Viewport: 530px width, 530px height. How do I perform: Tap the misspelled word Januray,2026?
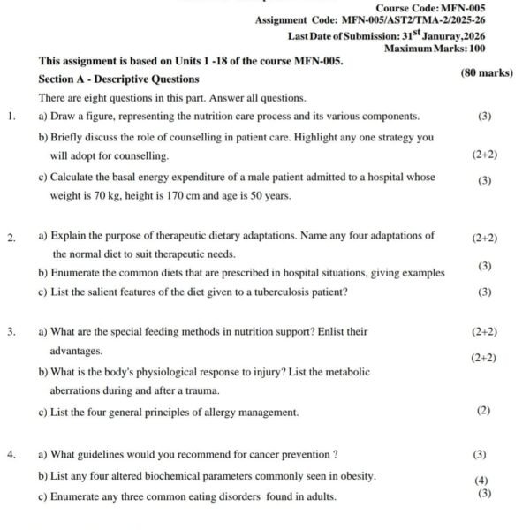click(x=450, y=36)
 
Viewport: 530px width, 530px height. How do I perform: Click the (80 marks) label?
click(x=487, y=73)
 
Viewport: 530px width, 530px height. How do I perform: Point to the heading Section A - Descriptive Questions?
click(x=118, y=79)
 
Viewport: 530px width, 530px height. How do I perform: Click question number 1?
click(x=10, y=116)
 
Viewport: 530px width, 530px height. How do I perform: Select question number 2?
click(x=10, y=237)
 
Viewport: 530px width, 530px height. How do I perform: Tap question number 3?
click(x=10, y=332)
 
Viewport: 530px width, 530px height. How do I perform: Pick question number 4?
click(x=10, y=455)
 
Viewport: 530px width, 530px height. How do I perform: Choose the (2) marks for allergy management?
click(x=483, y=411)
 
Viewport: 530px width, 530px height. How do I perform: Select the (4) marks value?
click(x=481, y=481)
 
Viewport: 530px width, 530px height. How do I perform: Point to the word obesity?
click(x=357, y=476)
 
